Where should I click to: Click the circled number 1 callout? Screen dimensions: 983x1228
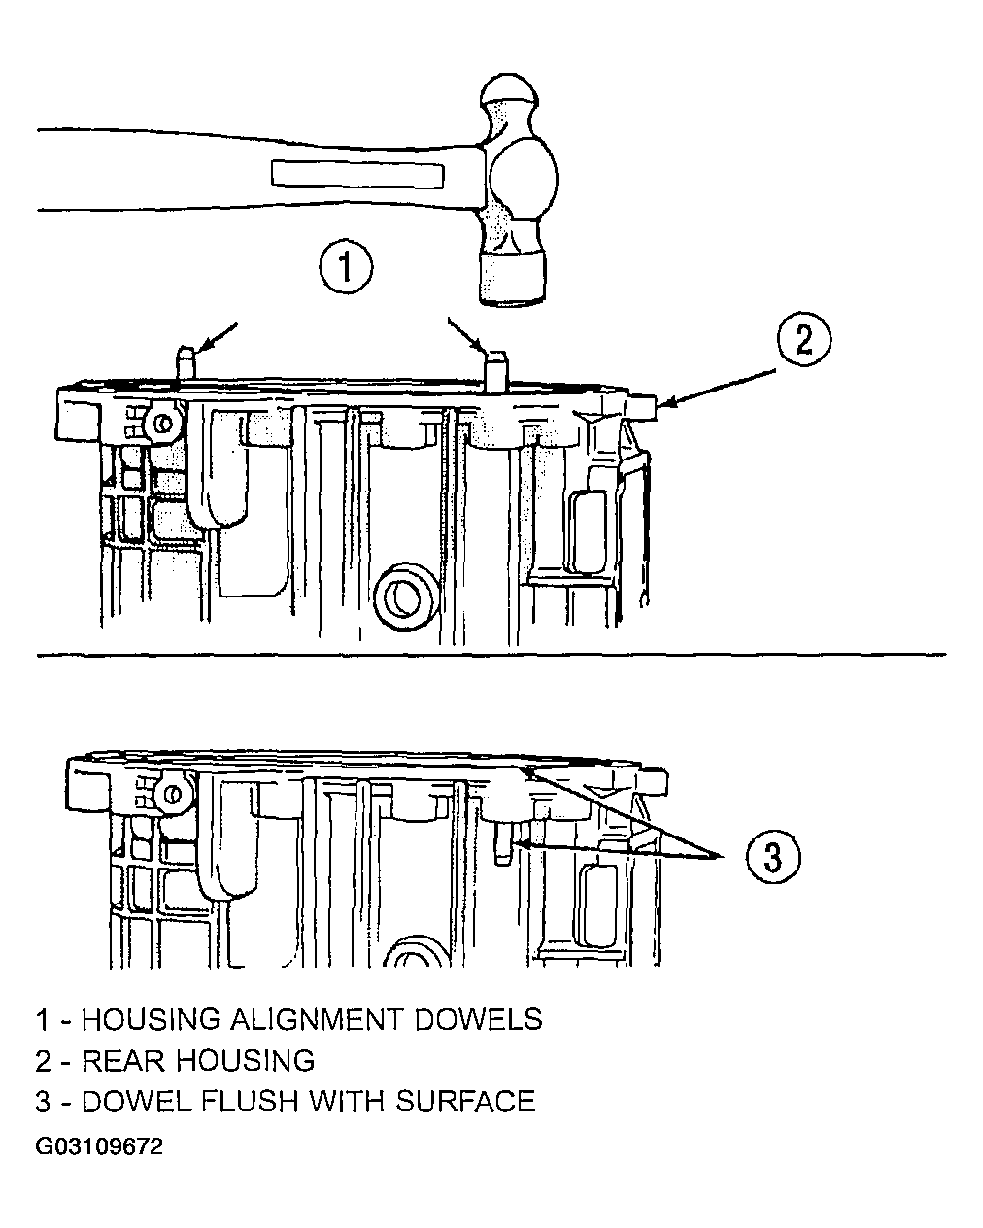click(346, 267)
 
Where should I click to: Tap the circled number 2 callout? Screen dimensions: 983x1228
click(804, 339)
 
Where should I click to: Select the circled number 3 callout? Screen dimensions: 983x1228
click(773, 857)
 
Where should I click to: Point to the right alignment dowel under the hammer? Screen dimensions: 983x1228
click(495, 370)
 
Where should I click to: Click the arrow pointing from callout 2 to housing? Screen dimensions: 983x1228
click(717, 388)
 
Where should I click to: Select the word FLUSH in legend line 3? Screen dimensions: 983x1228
click(250, 1102)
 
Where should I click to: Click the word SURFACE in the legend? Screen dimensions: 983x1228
click(466, 1102)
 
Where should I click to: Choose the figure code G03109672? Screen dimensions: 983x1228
click(99, 1146)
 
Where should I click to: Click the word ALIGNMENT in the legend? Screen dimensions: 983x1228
click(317, 1020)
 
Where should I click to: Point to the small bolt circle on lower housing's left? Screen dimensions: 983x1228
click(173, 794)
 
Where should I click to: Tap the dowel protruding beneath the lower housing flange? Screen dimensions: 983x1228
click(502, 843)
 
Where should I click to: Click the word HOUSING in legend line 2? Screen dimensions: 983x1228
click(245, 1061)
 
